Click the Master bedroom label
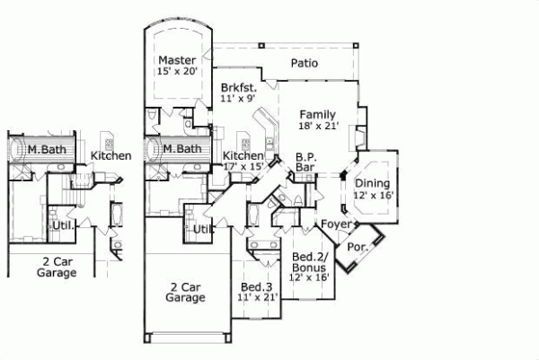click(177, 61)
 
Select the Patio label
click(306, 63)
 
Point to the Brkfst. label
click(239, 88)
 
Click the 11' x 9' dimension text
click(239, 100)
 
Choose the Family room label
click(318, 114)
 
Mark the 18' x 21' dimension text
click(318, 127)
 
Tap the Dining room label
click(372, 183)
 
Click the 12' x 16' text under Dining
click(372, 195)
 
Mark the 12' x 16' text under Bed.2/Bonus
click(308, 278)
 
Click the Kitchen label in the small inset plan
click(110, 155)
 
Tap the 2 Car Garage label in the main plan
click(188, 294)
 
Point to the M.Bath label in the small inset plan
click(43, 148)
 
